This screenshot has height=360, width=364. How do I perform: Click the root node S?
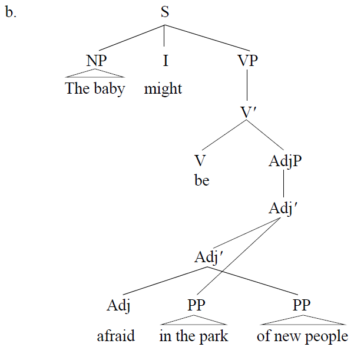(x=165, y=12)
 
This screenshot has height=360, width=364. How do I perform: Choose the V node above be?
(x=201, y=160)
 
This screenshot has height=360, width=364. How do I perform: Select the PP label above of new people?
(x=302, y=306)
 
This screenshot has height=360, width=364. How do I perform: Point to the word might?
(x=163, y=90)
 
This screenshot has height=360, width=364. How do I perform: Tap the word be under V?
(x=201, y=180)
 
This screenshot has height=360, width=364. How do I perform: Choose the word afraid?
(x=115, y=336)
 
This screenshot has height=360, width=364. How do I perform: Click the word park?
(x=214, y=336)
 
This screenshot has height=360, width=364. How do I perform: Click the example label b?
(x=11, y=13)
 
